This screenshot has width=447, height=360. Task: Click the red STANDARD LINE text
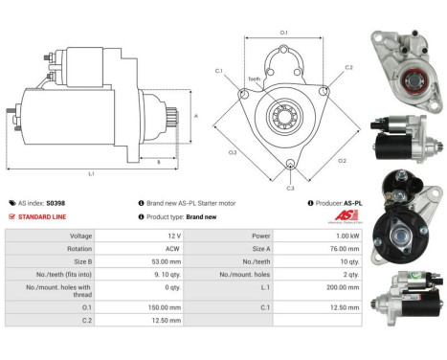point(45,216)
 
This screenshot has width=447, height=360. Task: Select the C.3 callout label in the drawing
point(291,188)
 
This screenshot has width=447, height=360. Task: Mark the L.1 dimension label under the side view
point(92,174)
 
